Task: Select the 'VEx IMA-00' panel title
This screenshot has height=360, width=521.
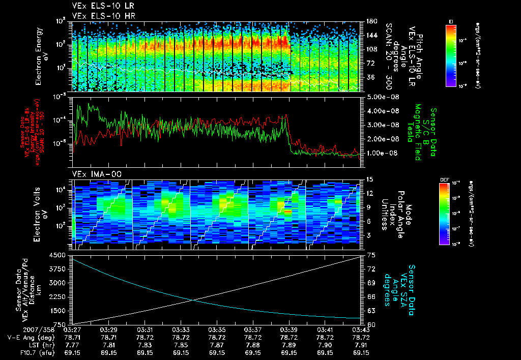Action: click(90, 174)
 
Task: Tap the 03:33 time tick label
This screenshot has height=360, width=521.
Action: click(181, 329)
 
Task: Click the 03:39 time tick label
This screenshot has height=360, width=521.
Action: click(289, 329)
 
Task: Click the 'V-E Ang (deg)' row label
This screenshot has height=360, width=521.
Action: click(27, 337)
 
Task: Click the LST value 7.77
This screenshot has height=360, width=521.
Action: click(73, 345)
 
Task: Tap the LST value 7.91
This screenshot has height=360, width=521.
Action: click(361, 345)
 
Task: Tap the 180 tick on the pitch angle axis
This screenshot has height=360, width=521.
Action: click(371, 21)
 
